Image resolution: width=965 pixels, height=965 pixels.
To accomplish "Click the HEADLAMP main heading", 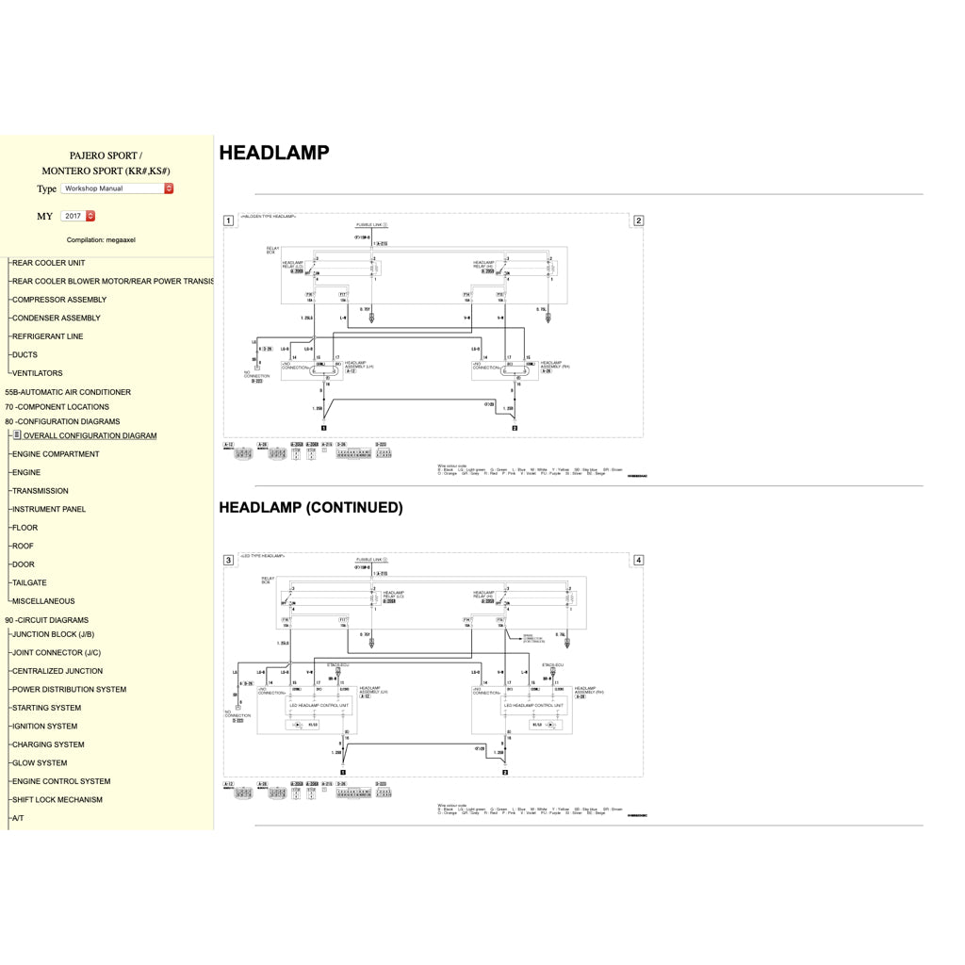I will [274, 153].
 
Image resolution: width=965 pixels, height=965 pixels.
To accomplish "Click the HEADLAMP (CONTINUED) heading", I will [311, 507].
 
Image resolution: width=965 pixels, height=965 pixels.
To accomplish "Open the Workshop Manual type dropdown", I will [118, 188].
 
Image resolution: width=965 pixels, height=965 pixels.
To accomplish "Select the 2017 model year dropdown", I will [78, 216].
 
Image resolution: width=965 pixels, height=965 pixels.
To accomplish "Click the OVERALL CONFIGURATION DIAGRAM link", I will [90, 436].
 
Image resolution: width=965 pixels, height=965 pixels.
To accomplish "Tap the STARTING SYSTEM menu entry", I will [46, 708].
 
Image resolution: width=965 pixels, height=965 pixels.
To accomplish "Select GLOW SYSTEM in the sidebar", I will [40, 763].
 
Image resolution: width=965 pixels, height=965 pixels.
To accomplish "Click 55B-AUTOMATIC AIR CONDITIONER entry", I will [68, 392].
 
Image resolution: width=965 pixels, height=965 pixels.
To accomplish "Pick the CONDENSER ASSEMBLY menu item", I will [56, 319].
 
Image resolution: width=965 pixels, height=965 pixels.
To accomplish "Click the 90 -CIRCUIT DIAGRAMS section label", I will [46, 620].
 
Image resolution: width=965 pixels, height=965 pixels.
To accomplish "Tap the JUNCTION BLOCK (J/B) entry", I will [53, 634].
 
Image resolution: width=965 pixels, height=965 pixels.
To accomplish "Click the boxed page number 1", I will [228, 221].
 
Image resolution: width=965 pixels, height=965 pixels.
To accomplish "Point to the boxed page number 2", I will [638, 221].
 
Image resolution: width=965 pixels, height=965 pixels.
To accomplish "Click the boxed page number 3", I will [228, 560].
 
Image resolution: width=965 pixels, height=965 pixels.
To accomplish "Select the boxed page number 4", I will [638, 560].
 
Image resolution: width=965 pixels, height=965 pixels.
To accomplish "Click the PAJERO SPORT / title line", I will [106, 155].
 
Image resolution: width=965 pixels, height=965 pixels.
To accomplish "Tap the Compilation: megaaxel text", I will [101, 240].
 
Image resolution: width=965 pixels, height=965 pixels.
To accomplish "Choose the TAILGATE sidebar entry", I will [29, 583].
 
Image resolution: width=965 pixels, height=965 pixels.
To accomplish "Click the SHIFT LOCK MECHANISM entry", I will [57, 800].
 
